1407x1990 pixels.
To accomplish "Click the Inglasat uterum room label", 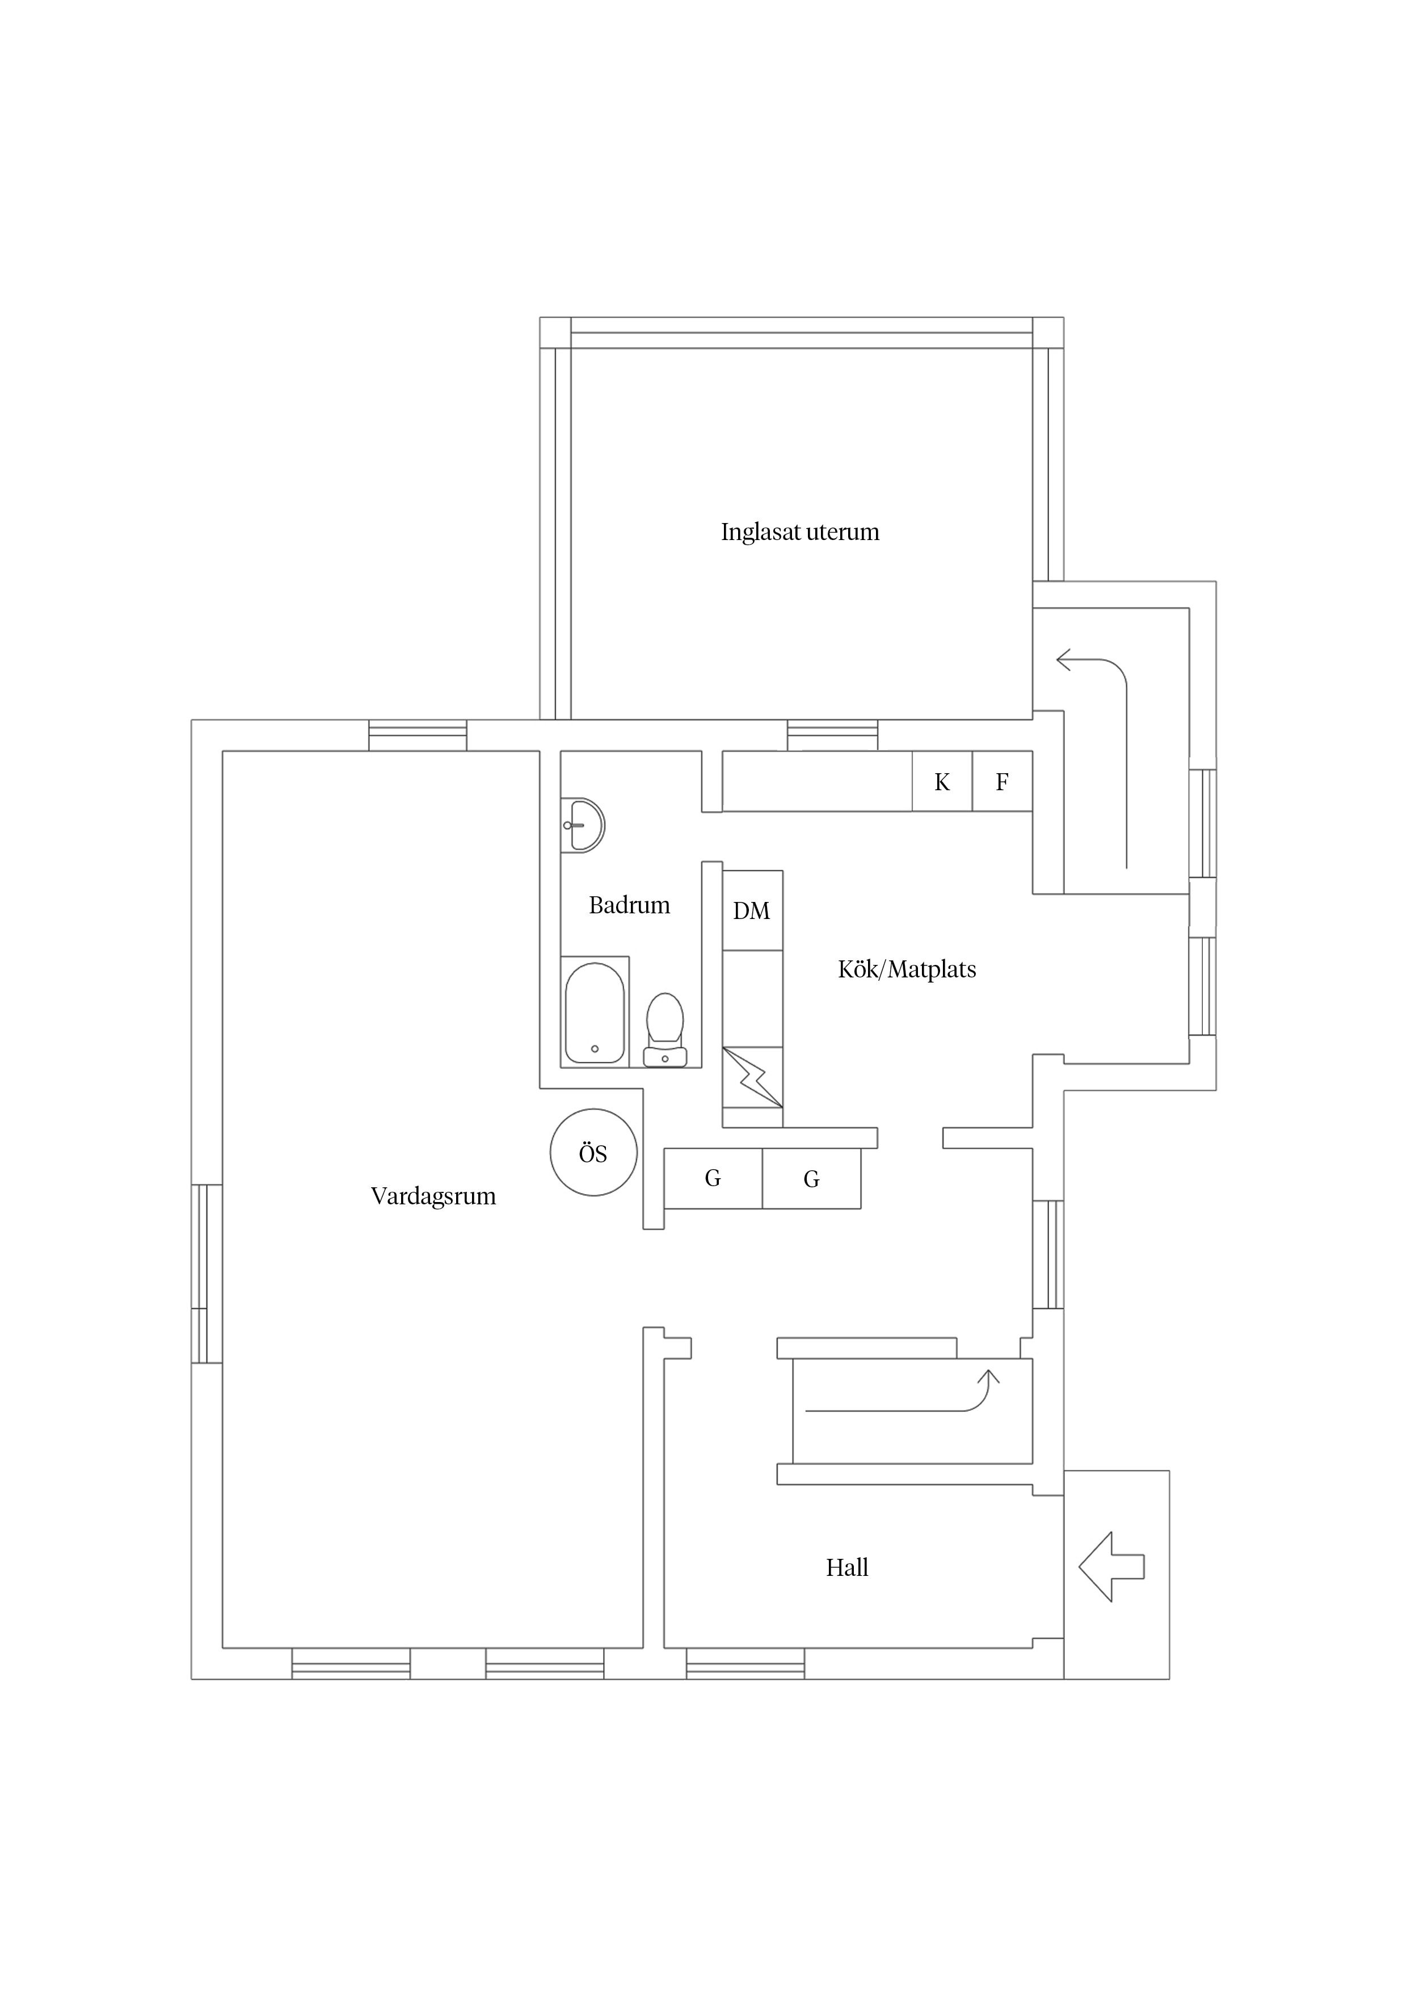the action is (799, 532).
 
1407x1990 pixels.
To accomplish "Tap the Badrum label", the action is (629, 906).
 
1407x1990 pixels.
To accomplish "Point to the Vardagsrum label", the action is (433, 1197).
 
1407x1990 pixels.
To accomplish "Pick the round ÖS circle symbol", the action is (594, 1153).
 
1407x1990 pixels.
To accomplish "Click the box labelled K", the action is (942, 782).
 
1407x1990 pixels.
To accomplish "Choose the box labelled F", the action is (1002, 782).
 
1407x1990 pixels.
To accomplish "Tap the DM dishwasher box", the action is (752, 910).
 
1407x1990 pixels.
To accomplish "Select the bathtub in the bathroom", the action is (595, 1013).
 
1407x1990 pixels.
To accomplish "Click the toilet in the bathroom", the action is (665, 1030).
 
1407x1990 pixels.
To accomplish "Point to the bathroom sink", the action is (583, 825).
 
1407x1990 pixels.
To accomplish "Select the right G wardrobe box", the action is (811, 1178).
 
